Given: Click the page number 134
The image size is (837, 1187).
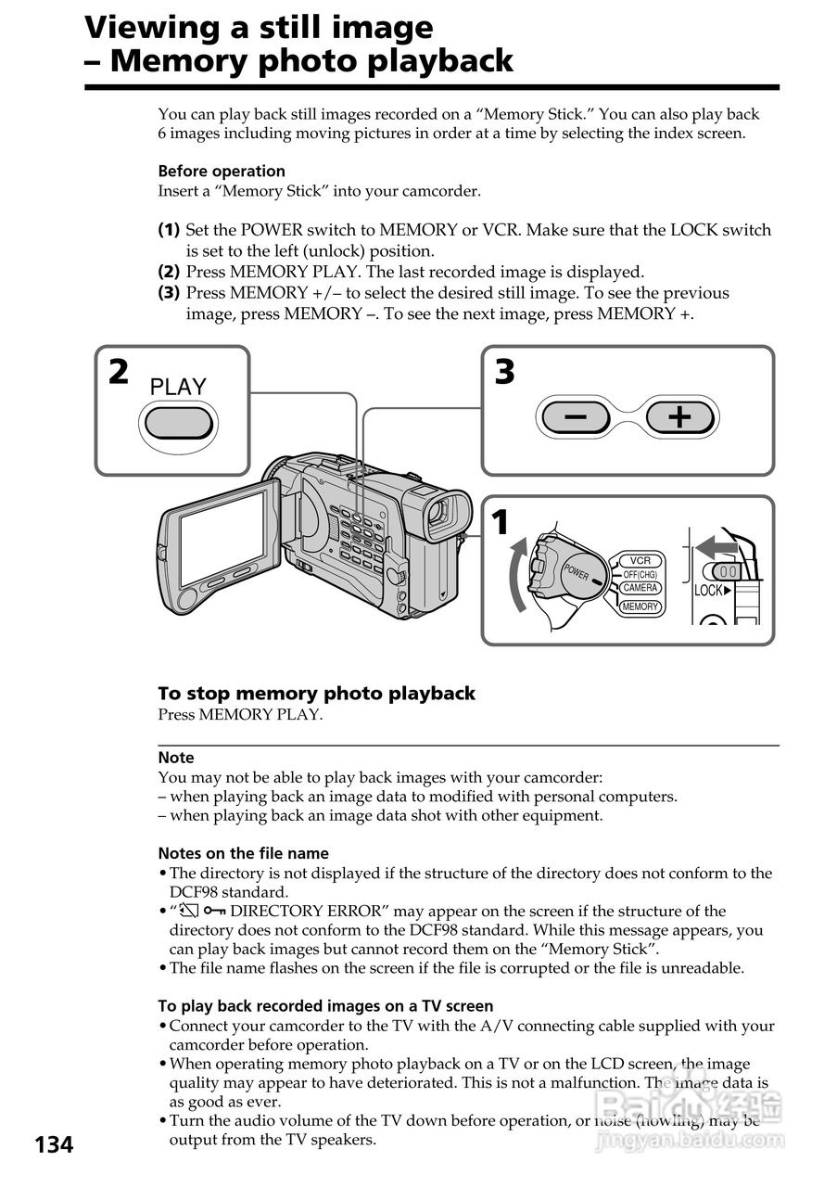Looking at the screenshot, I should click(54, 1145).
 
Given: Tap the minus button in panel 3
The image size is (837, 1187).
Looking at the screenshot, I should click(575, 418).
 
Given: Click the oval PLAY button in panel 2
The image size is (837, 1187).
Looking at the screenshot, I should click(179, 423).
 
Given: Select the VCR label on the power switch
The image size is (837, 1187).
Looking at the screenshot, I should click(640, 560).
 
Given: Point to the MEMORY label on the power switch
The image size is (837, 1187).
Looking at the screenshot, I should click(640, 606).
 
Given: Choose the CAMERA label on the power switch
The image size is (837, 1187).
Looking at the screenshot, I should click(640, 588).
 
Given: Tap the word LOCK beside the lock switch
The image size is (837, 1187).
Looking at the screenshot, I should click(710, 591).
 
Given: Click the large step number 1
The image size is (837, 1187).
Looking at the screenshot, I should click(501, 524).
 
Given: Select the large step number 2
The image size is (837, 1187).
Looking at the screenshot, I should click(118, 373).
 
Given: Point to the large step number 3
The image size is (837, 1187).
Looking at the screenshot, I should click(504, 373).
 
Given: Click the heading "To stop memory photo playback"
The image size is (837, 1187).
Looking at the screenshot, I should click(316, 694).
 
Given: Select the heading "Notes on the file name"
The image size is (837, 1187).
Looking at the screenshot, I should click(243, 853).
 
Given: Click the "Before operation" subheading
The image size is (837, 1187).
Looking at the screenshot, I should click(222, 171).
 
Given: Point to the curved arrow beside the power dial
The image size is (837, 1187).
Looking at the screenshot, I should click(516, 576).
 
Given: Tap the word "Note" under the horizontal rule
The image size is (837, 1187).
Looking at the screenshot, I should click(176, 758).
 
